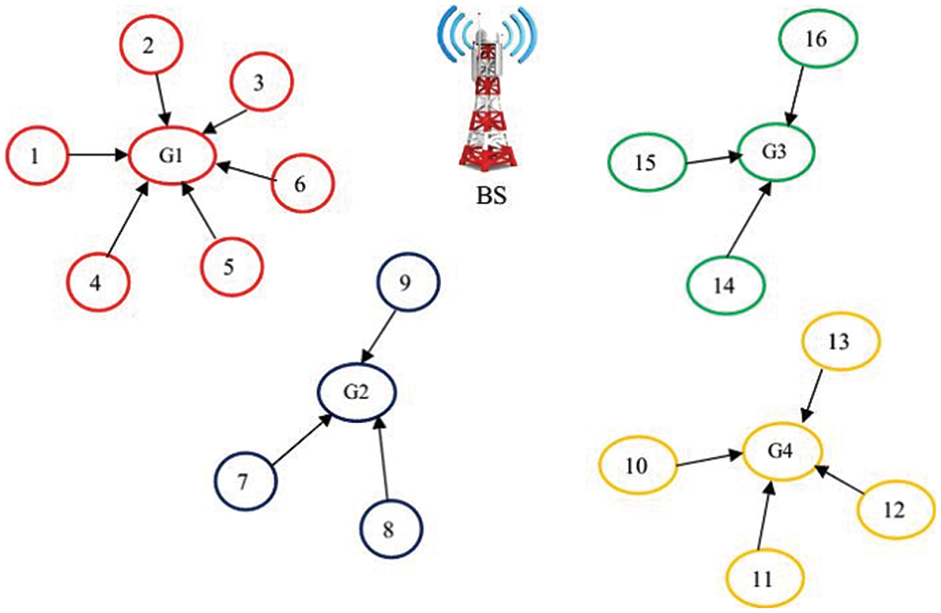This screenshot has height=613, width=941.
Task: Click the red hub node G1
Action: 172,157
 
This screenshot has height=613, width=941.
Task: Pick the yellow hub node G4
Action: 781,452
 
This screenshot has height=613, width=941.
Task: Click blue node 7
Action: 245,483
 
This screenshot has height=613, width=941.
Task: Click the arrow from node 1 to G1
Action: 98,155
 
